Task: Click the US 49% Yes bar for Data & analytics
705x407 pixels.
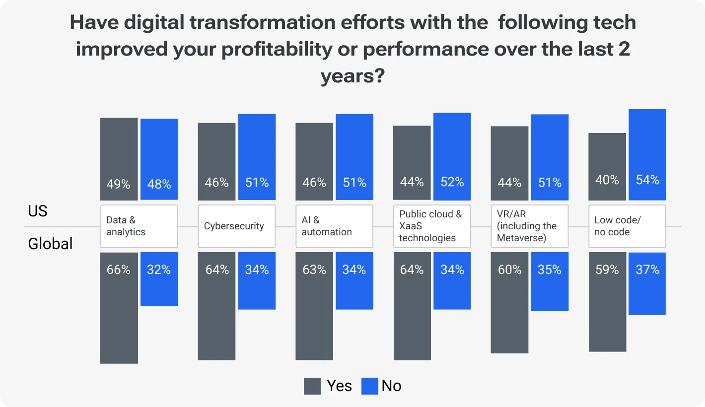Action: pyautogui.click(x=119, y=159)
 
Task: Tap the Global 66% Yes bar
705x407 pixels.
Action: pyautogui.click(x=119, y=308)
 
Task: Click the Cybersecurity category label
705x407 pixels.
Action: pyautogui.click(x=236, y=226)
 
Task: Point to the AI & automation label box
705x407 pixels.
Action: pyautogui.click(x=334, y=226)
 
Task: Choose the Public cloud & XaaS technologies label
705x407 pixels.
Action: pyautogui.click(x=432, y=226)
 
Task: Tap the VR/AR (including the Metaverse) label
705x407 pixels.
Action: pyautogui.click(x=529, y=226)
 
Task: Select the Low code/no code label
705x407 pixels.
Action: pyautogui.click(x=627, y=226)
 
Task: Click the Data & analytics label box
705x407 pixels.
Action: pyautogui.click(x=139, y=226)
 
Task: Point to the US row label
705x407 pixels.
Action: pyautogui.click(x=38, y=211)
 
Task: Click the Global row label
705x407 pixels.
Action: pyautogui.click(x=50, y=244)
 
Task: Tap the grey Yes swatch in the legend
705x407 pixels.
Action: pyautogui.click(x=312, y=386)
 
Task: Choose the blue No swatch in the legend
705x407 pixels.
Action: pyautogui.click(x=370, y=386)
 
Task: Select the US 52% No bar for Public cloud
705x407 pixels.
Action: pyautogui.click(x=452, y=156)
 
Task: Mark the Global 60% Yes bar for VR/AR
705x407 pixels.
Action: pyautogui.click(x=509, y=303)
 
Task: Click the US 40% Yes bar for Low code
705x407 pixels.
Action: pyautogui.click(x=607, y=167)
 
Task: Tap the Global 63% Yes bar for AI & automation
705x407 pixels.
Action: pyautogui.click(x=314, y=306)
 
